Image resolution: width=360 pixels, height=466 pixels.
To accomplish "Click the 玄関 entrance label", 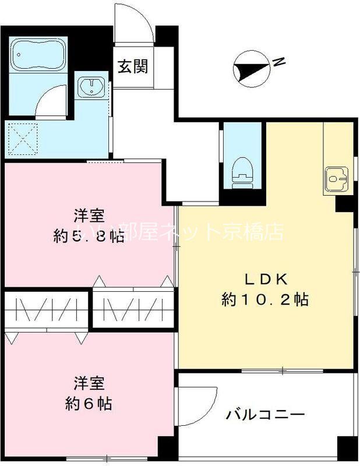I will tap(133, 66).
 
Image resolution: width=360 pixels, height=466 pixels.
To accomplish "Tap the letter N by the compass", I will tap(280, 61).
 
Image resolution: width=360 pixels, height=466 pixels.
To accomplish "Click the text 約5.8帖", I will tap(89, 236).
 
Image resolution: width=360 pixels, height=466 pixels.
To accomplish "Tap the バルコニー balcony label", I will tap(265, 415).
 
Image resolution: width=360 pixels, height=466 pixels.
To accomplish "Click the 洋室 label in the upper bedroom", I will tap(89, 216).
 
